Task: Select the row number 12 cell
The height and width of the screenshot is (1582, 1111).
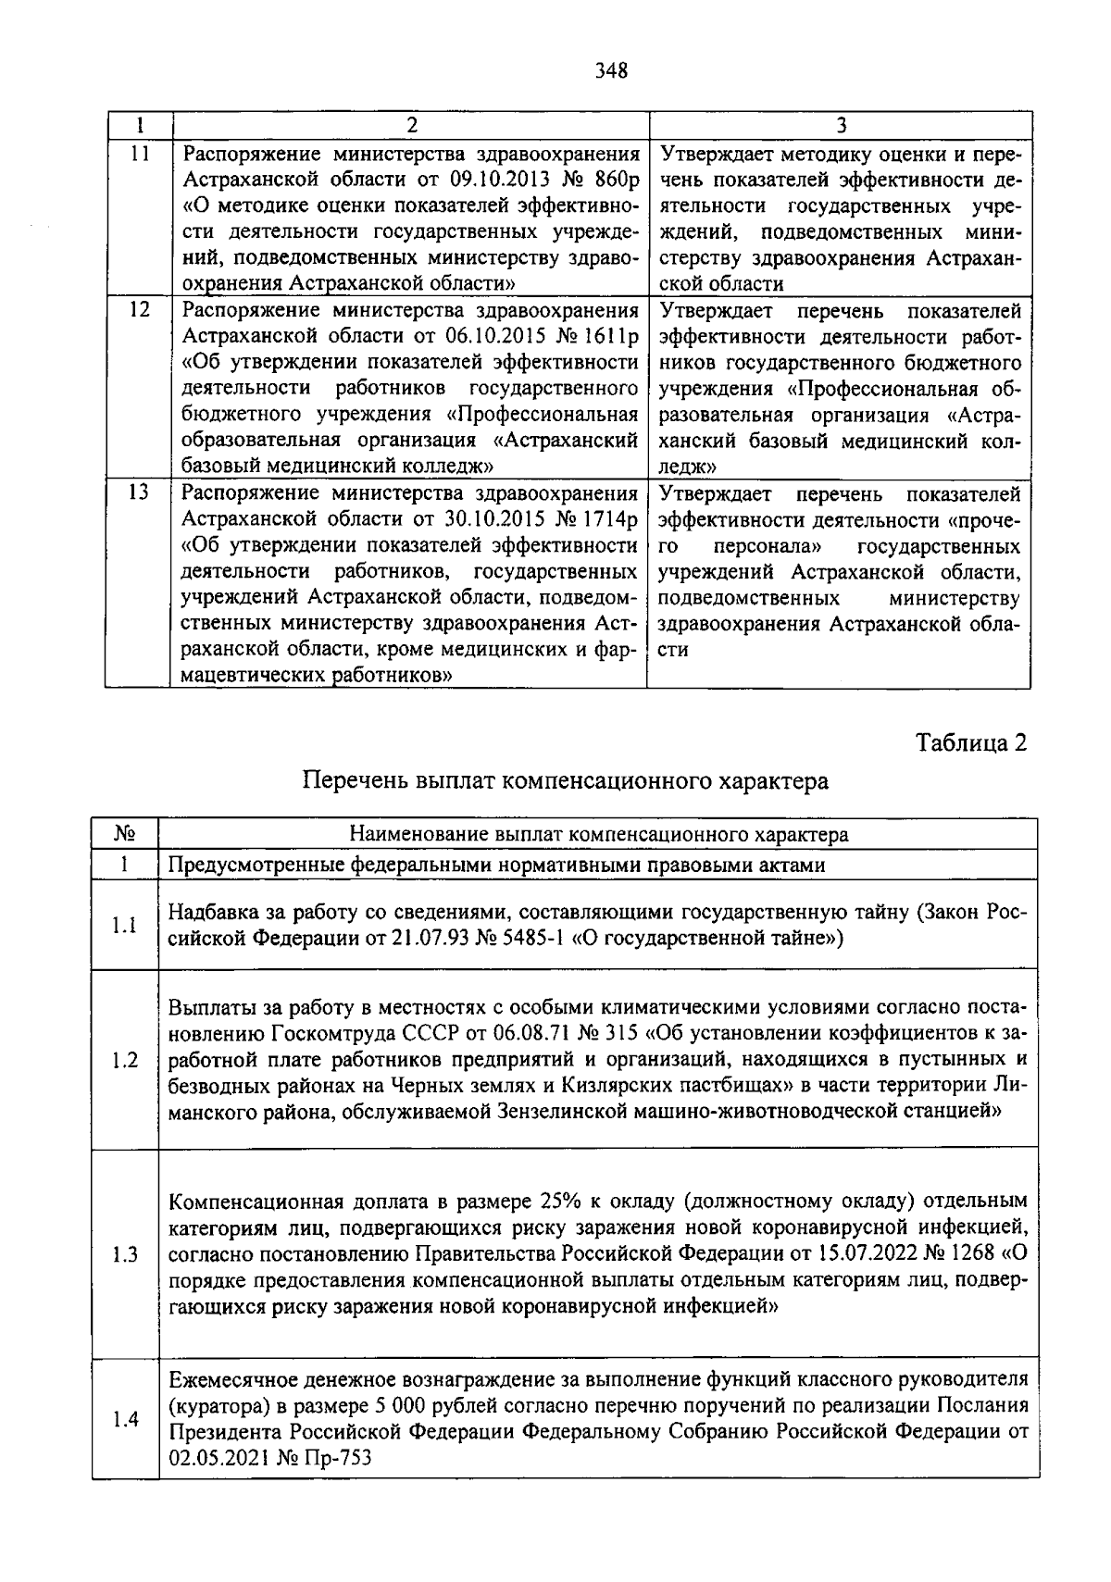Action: point(139,309)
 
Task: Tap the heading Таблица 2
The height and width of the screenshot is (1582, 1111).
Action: point(971,742)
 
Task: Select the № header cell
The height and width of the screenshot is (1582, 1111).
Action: point(126,834)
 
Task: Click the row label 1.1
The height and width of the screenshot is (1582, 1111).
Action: point(126,925)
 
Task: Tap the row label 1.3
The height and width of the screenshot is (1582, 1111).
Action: point(126,1254)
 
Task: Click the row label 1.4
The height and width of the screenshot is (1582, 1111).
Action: point(126,1418)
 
